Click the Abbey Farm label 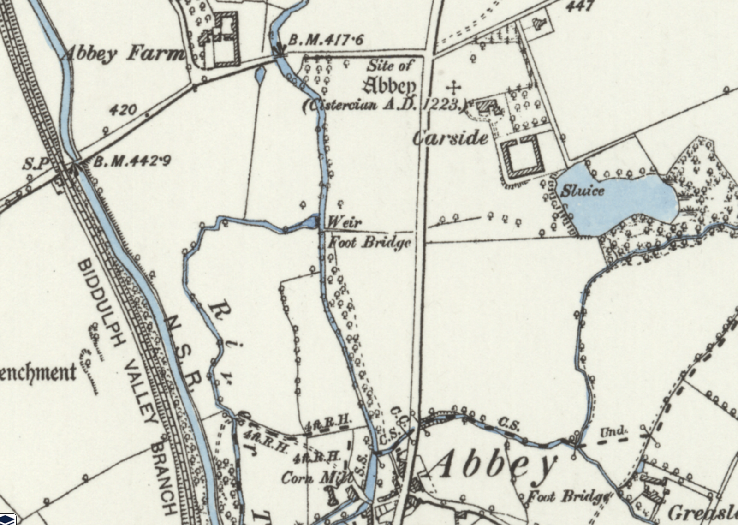pyautogui.click(x=124, y=54)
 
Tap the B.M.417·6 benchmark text pyautogui.click(x=326, y=40)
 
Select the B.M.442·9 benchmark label pyautogui.click(x=132, y=161)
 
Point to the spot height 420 pyautogui.click(x=123, y=110)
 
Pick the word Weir pyautogui.click(x=344, y=222)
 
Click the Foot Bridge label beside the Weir pyautogui.click(x=369, y=242)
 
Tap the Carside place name pyautogui.click(x=450, y=137)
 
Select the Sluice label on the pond pyautogui.click(x=582, y=190)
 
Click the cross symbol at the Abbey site pyautogui.click(x=454, y=87)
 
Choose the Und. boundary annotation pyautogui.click(x=614, y=432)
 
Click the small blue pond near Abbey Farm pyautogui.click(x=260, y=74)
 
